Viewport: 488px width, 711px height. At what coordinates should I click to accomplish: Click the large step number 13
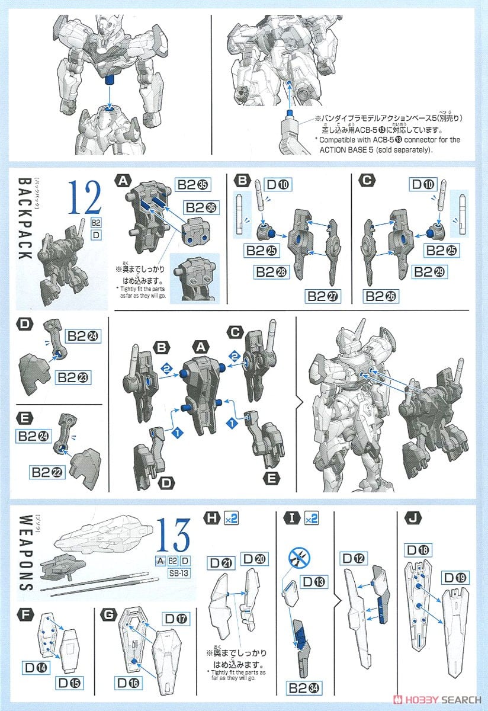coord(174,535)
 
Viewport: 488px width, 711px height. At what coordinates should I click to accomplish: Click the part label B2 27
coord(324,296)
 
